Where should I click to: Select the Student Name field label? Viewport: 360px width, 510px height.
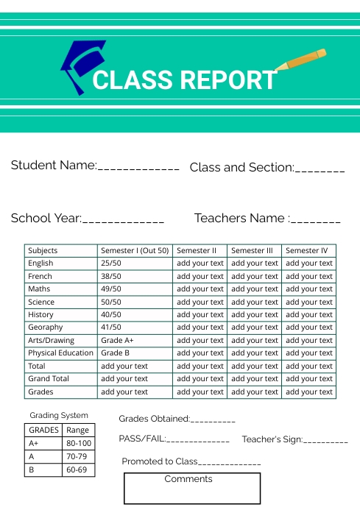click(54, 166)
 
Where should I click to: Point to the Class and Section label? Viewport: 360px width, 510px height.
click(241, 168)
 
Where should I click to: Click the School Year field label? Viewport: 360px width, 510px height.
click(46, 219)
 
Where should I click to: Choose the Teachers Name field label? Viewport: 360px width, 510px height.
click(240, 219)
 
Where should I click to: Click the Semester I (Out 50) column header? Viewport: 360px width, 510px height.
click(135, 251)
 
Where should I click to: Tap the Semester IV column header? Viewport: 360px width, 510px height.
click(307, 251)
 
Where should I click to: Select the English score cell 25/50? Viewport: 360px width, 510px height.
click(111, 263)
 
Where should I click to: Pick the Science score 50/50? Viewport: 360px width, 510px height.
click(111, 302)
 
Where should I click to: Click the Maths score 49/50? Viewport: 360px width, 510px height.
click(111, 289)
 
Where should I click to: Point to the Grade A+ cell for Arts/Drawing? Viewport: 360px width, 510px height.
click(117, 341)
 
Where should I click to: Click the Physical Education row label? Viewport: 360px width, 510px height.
click(60, 353)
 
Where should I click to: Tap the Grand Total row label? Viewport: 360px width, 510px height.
click(49, 379)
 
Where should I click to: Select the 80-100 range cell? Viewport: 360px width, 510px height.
click(79, 444)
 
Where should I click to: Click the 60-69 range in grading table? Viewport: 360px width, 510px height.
click(77, 470)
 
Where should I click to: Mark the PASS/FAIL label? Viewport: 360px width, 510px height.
click(142, 439)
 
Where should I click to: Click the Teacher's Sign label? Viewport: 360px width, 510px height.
click(272, 439)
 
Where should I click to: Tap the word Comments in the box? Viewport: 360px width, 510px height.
click(188, 479)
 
